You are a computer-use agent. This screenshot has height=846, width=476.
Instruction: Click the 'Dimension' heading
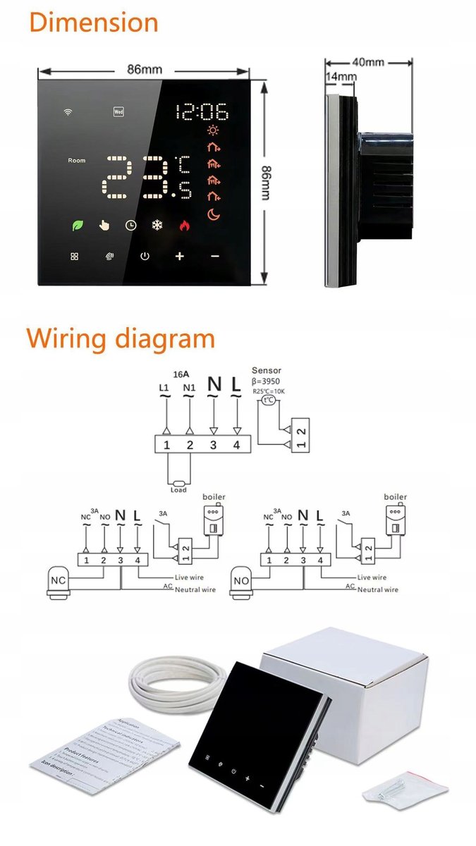tap(93, 23)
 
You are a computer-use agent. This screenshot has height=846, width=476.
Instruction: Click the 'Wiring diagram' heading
tap(121, 338)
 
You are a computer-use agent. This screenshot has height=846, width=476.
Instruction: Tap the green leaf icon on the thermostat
tap(76, 226)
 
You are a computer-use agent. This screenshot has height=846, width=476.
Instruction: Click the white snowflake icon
tap(157, 226)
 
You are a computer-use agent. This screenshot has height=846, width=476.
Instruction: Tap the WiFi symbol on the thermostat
tap(68, 111)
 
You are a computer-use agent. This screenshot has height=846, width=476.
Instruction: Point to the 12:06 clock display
tap(202, 111)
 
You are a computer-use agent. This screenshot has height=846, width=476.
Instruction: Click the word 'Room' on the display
tap(76, 161)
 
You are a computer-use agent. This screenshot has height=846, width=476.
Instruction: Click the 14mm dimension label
tap(341, 75)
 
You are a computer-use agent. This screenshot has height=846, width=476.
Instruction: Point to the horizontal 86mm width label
tap(144, 70)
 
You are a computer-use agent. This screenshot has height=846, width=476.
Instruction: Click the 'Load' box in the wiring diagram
tap(178, 489)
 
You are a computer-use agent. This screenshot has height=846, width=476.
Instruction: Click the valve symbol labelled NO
tap(241, 580)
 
